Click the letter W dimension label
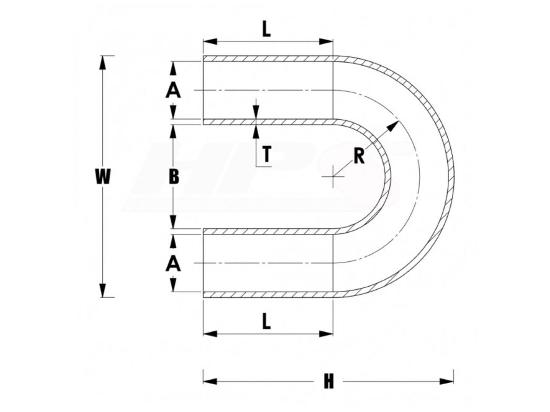pyautogui.click(x=103, y=176)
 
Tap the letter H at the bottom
pyautogui.click(x=329, y=388)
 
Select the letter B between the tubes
pyautogui.click(x=174, y=176)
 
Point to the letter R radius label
pyautogui.click(x=359, y=157)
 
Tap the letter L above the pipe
pyautogui.click(x=266, y=30)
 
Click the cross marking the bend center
pyautogui.click(x=333, y=176)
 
